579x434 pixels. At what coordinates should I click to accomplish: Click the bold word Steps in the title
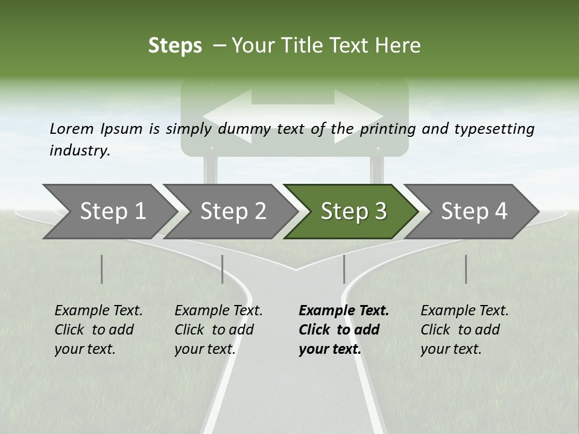(175, 46)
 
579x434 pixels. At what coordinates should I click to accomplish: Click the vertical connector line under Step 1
(101, 269)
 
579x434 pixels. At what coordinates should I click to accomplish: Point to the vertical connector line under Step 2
(223, 269)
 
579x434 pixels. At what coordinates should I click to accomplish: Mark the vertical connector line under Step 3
(344, 269)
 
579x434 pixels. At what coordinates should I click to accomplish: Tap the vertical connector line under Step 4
(466, 269)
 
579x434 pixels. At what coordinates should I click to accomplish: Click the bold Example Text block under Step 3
(344, 330)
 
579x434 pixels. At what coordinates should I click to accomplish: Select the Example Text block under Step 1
(98, 330)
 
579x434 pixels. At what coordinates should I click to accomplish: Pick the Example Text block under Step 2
(218, 330)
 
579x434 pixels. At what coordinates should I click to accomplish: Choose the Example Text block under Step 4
(464, 330)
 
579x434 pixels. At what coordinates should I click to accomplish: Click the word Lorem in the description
(72, 128)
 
